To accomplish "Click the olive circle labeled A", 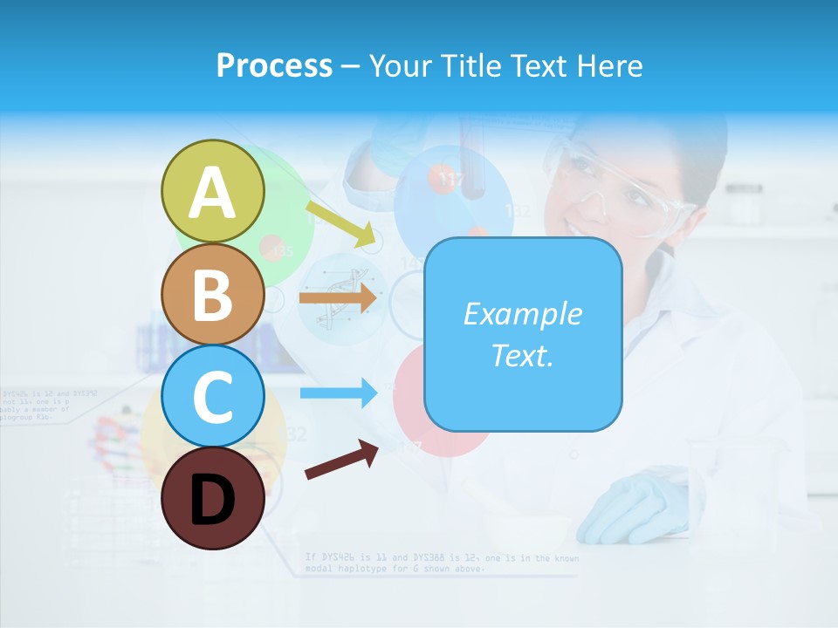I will coord(212,191).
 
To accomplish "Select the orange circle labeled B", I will coord(212,294).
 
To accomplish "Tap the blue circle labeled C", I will coord(212,396).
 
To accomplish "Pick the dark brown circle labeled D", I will coord(212,498).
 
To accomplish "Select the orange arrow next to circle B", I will coord(338,297).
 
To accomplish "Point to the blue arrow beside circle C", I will coord(339,393).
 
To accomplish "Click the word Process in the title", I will coord(274,65).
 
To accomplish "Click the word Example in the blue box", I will coord(522,314).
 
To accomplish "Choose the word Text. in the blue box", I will coord(522,355).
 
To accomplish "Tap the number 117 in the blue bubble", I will coord(451,181).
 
